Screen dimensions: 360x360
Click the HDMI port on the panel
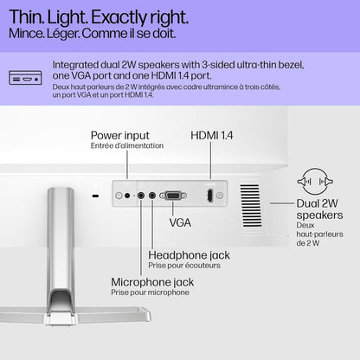click(210, 196)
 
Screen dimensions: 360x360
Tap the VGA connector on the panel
click(173, 196)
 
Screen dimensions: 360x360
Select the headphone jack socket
click(152, 196)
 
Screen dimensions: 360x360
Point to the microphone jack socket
click(141, 196)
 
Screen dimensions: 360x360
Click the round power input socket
click(127, 196)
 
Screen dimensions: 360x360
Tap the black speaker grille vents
click(251, 205)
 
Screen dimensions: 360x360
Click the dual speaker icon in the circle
click(315, 182)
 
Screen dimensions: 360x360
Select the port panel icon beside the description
click(25, 78)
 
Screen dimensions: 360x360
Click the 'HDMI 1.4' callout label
click(212, 135)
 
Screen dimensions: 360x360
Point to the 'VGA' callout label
click(180, 222)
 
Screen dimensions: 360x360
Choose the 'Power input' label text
click(120, 136)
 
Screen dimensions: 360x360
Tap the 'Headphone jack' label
click(189, 255)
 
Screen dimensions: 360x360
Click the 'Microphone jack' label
click(152, 282)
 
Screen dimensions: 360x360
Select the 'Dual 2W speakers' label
click(319, 209)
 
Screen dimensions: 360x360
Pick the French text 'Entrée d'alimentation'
click(127, 145)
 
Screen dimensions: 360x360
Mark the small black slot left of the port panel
click(95, 196)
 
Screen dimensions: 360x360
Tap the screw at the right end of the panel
click(220, 196)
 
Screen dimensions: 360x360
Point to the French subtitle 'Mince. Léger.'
click(44, 34)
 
